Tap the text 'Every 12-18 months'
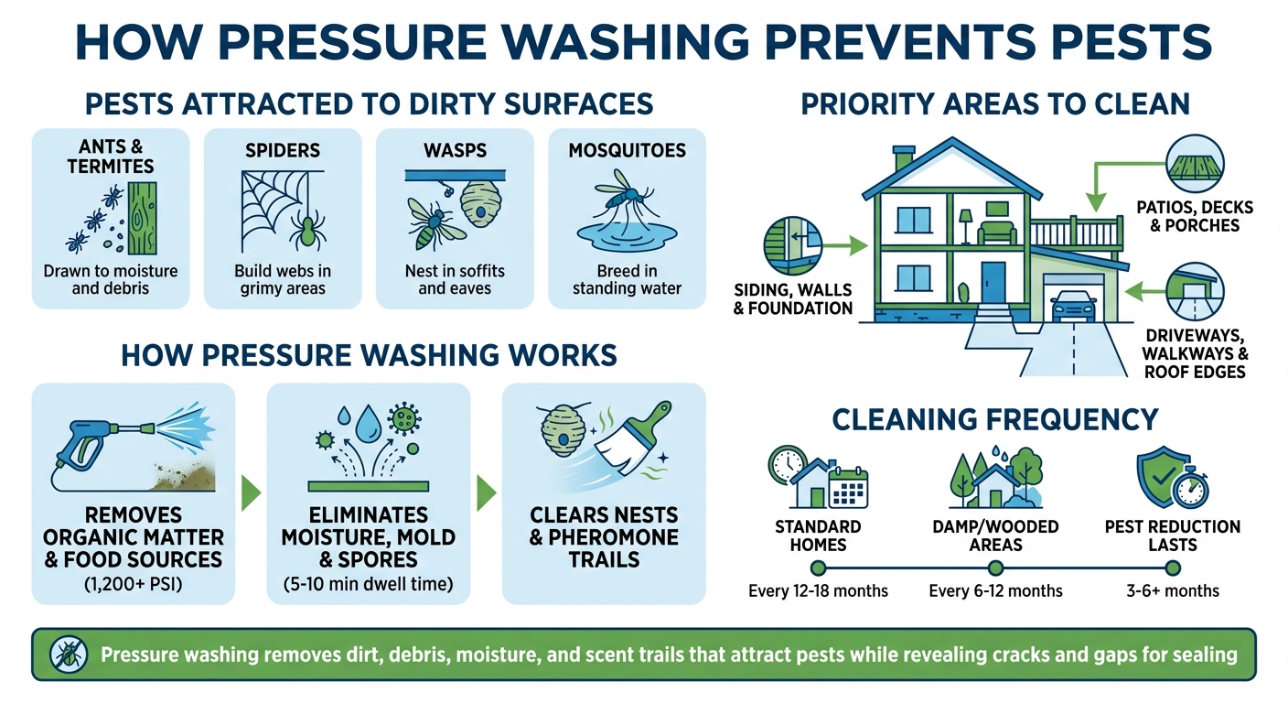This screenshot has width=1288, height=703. coord(818,590)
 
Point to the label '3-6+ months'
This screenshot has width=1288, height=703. coord(1173,590)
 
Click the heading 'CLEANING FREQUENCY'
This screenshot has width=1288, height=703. coord(994,419)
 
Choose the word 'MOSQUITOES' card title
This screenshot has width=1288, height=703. coord(627,149)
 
